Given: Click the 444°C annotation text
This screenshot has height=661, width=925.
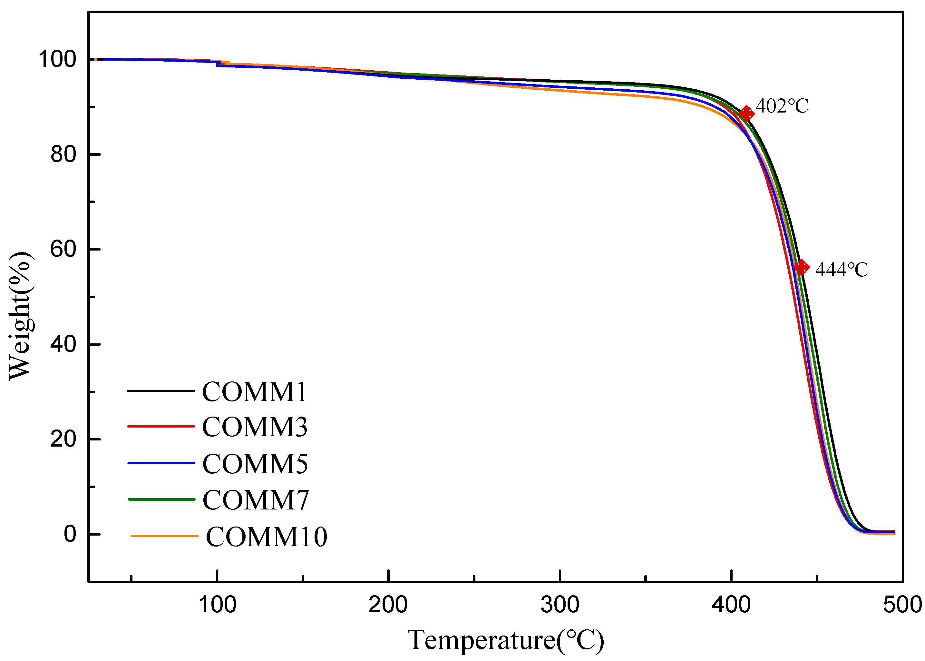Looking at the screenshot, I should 842,270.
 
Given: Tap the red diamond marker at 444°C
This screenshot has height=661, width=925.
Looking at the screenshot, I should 801,267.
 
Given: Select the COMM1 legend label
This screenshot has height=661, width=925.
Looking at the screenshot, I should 254,392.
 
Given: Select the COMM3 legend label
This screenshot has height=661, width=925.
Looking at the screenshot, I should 255,427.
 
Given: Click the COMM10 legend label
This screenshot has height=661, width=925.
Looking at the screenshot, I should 267,537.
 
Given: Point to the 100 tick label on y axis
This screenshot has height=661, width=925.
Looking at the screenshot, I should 57,59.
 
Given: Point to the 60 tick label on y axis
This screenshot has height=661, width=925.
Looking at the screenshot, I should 63,249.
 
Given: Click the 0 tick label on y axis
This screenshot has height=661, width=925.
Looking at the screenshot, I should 70,534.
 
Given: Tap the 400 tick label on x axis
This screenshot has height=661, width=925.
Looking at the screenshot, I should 731,605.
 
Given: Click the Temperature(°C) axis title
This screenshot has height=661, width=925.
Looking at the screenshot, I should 506,640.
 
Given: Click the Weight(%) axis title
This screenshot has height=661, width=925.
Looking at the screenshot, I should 20,315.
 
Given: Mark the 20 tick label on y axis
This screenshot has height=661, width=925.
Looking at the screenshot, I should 63,439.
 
